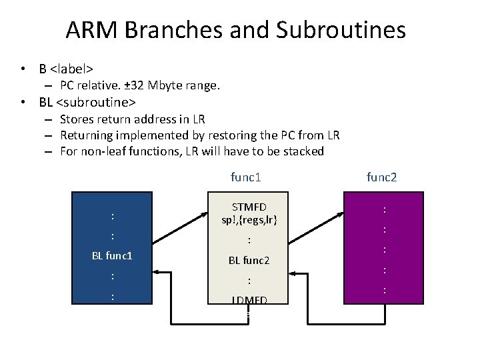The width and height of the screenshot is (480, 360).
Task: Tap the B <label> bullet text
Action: pyautogui.click(x=65, y=69)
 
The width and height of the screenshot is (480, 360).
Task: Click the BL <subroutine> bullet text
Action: pyautogui.click(x=87, y=103)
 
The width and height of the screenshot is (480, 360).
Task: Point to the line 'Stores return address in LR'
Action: pyautogui.click(x=132, y=119)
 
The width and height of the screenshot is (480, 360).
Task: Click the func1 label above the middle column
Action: pyautogui.click(x=245, y=177)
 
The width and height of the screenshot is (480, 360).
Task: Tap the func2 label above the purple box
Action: pyautogui.click(x=382, y=177)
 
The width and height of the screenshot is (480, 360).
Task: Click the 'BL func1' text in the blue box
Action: pyautogui.click(x=113, y=255)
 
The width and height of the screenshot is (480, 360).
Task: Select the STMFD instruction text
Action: pyautogui.click(x=248, y=207)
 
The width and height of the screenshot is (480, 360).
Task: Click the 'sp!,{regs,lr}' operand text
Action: pyautogui.click(x=248, y=219)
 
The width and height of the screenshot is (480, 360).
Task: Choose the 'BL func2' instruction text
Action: pyautogui.click(x=248, y=260)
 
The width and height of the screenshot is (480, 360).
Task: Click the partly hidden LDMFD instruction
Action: pyautogui.click(x=248, y=301)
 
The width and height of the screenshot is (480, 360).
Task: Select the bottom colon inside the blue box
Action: pyautogui.click(x=113, y=297)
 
